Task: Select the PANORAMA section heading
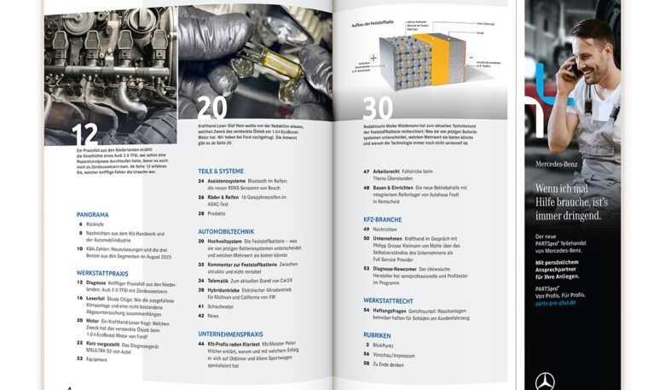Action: [x=92, y=214]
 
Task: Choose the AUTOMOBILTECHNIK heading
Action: [x=226, y=231]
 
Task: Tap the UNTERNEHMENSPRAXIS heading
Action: [x=231, y=334]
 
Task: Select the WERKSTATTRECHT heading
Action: [x=389, y=300]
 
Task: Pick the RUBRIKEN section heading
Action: [x=377, y=335]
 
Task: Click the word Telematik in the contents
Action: [x=217, y=280]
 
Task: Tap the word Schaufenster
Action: [x=222, y=306]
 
